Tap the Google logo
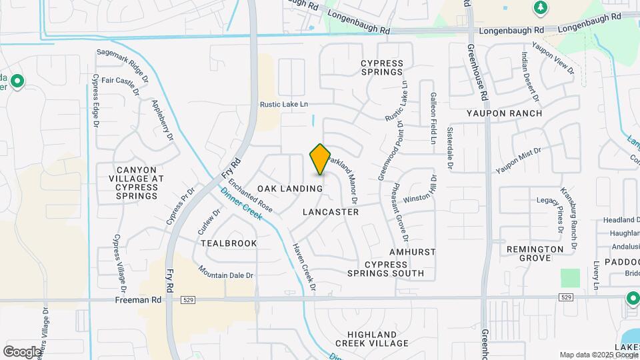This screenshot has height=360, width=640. (x=22, y=351)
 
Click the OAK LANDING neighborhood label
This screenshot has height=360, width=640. (x=290, y=189)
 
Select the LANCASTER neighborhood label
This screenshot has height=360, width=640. (x=331, y=212)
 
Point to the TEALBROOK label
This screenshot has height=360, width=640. (x=229, y=243)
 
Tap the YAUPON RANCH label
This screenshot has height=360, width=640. (x=504, y=113)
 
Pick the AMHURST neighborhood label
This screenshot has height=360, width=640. (x=413, y=252)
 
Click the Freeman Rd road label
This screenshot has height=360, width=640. (x=139, y=300)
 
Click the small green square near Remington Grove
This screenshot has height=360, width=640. (x=570, y=278)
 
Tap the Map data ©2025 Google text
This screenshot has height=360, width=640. (x=599, y=355)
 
